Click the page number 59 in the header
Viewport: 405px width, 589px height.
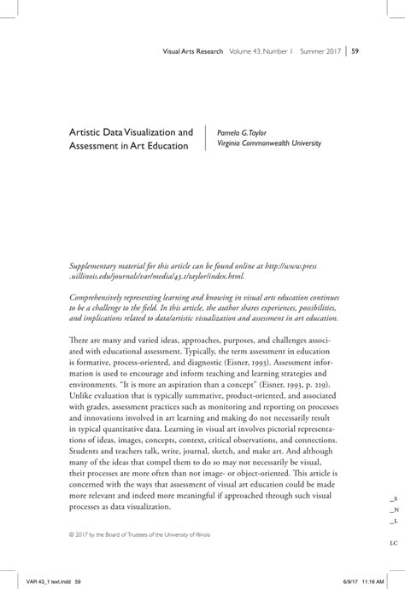pos(355,51)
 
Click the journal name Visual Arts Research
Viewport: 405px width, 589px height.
pos(193,51)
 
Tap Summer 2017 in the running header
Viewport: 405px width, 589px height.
pos(317,51)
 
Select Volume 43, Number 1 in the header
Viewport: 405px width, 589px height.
pos(261,51)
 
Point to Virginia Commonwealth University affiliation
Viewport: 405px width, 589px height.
pos(269,144)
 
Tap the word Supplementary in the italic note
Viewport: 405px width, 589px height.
pos(96,243)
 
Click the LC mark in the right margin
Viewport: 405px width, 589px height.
pos(392,542)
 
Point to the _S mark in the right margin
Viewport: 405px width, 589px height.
pos(392,498)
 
